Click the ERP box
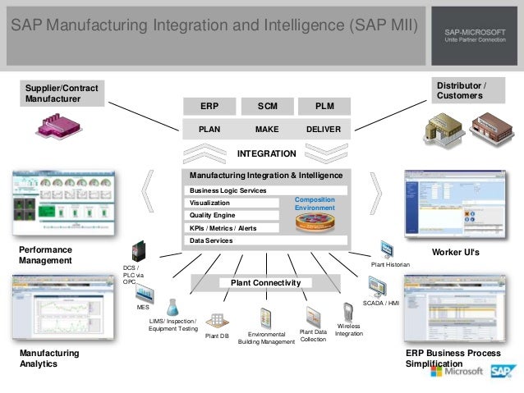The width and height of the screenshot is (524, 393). coord(209,107)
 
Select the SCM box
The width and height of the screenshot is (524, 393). coord(267,107)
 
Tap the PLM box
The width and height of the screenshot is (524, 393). coord(324,107)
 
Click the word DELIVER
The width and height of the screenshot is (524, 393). coord(324,129)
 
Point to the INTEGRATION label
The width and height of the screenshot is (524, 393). coord(266,153)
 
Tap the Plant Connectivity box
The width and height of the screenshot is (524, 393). coord(265,283)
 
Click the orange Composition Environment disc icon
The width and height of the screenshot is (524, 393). coord(315,222)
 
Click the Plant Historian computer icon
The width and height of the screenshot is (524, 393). coord(387,249)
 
